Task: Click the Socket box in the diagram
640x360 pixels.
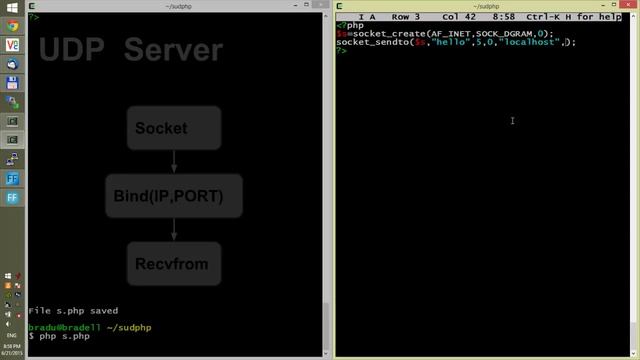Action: pos(174,128)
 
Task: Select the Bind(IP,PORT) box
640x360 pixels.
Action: pos(174,196)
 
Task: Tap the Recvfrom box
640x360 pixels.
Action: pos(174,263)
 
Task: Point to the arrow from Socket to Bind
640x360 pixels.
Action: pos(174,161)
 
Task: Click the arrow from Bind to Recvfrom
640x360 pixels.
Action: pos(174,229)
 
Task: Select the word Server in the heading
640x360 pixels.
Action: pos(172,49)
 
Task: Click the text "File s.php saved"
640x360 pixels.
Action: pos(73,311)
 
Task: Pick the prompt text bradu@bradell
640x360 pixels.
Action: pos(61,327)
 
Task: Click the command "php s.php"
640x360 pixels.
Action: pos(65,336)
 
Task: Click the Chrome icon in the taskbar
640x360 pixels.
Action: pos(13,25)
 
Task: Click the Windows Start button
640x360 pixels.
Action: pos(13,7)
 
